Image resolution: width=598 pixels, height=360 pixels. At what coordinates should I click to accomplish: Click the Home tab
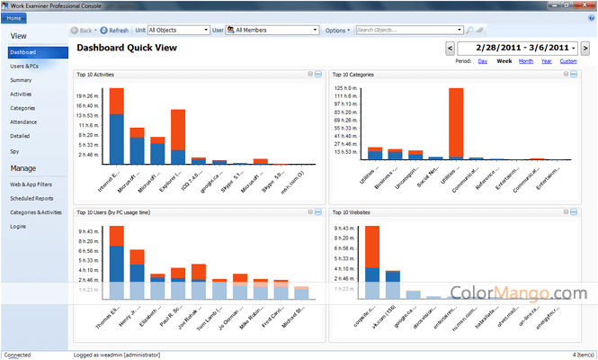tap(13, 17)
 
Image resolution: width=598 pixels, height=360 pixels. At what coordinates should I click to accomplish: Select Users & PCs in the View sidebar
tap(24, 66)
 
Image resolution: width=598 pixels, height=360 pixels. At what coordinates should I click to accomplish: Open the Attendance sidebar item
tap(25, 121)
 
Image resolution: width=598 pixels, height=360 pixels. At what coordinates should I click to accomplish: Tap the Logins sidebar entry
tap(18, 226)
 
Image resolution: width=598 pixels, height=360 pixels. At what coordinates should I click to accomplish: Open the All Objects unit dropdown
tap(178, 30)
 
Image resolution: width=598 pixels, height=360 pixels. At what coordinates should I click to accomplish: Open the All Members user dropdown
tap(275, 30)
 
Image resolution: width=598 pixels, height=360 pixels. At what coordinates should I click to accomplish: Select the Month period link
tap(525, 61)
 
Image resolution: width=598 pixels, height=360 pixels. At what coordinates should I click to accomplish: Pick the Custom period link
tap(568, 61)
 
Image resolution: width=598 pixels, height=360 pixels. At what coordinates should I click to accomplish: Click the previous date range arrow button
tap(450, 47)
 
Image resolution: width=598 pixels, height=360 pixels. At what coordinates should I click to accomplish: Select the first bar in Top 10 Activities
tap(116, 126)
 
